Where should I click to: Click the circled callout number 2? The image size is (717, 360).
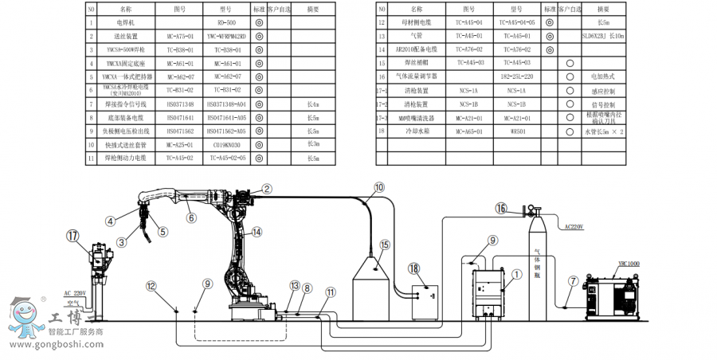click(x=267, y=189)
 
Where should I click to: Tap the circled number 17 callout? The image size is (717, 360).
click(x=73, y=236)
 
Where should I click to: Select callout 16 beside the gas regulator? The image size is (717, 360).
click(x=500, y=209)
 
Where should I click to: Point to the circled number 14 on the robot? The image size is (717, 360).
click(x=257, y=232)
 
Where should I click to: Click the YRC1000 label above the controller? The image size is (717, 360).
click(x=628, y=264)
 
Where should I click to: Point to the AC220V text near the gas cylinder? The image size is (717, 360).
click(x=574, y=227)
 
